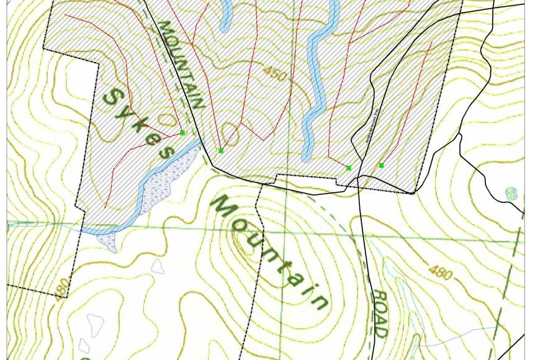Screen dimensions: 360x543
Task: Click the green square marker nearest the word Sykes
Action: [x=182, y=133]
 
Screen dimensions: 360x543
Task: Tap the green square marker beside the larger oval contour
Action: [x=220, y=151]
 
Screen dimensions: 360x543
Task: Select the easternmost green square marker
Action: [x=381, y=165]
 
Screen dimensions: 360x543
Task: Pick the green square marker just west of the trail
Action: [x=348, y=168]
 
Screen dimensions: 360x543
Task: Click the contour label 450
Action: [x=274, y=74]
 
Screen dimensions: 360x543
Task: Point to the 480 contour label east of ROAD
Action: [x=440, y=272]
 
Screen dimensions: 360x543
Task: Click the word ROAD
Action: [x=379, y=313]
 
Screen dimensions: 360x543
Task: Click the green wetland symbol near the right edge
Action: [x=511, y=194]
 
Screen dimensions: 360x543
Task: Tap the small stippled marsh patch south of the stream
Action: [x=107, y=241]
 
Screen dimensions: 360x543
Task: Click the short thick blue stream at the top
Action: [x=226, y=16]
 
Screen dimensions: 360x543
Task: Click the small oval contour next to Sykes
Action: [x=166, y=119]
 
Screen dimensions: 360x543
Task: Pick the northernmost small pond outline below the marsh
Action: [x=158, y=266]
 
